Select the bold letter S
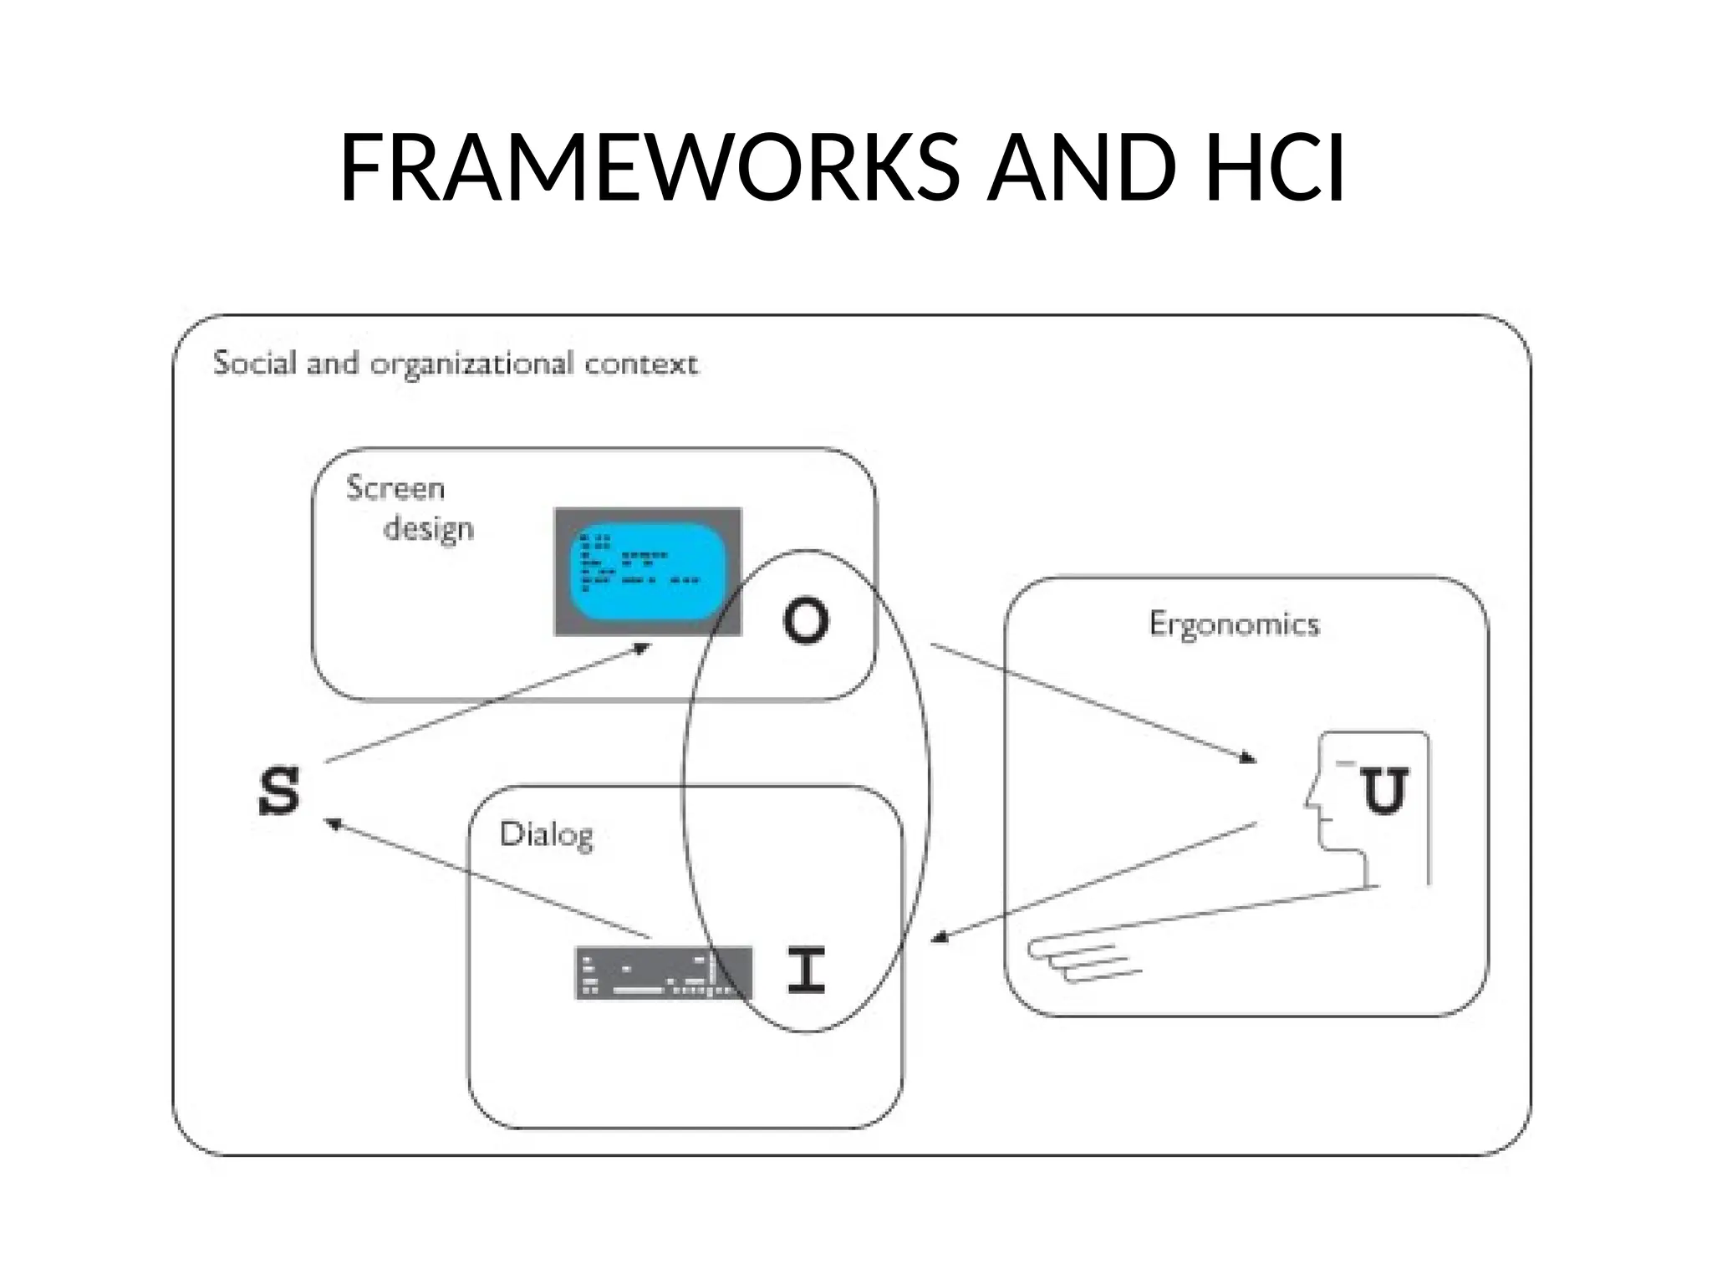(278, 791)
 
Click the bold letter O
(806, 620)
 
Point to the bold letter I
(807, 970)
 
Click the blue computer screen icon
(648, 572)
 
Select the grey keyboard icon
(663, 973)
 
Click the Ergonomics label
(1234, 624)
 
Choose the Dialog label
(547, 834)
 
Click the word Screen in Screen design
(395, 488)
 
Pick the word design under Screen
(428, 529)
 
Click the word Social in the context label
(255, 363)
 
